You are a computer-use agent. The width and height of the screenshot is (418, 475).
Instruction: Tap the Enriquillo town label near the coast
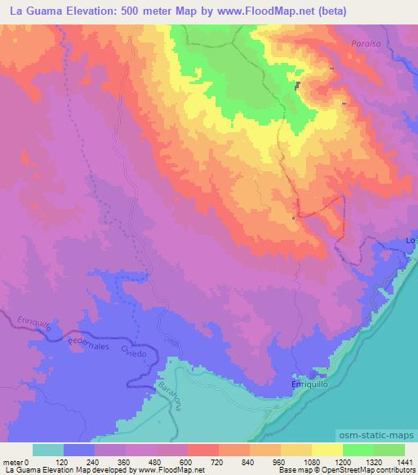pos(309,384)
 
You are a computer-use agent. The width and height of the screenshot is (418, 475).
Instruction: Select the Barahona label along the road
pos(171,394)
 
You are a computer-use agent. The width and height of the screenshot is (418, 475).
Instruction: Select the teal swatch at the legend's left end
pos(49,450)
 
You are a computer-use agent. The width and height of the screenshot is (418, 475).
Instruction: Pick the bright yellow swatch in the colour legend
pos(327,450)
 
